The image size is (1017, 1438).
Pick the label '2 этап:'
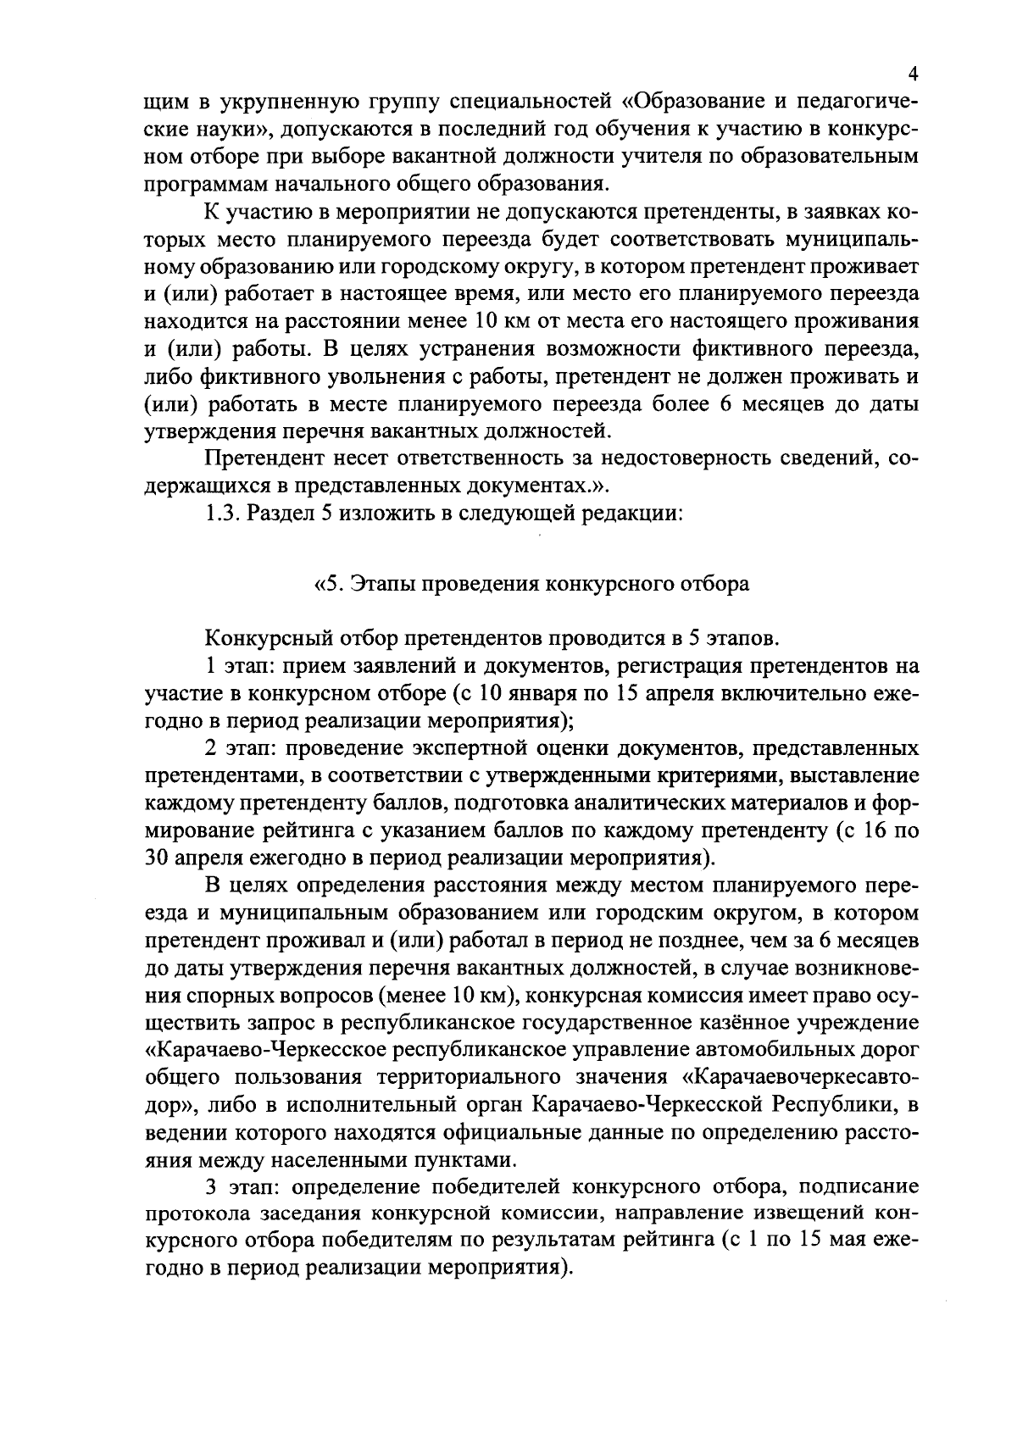(x=240, y=748)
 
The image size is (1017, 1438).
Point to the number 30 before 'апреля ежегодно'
(x=158, y=858)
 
